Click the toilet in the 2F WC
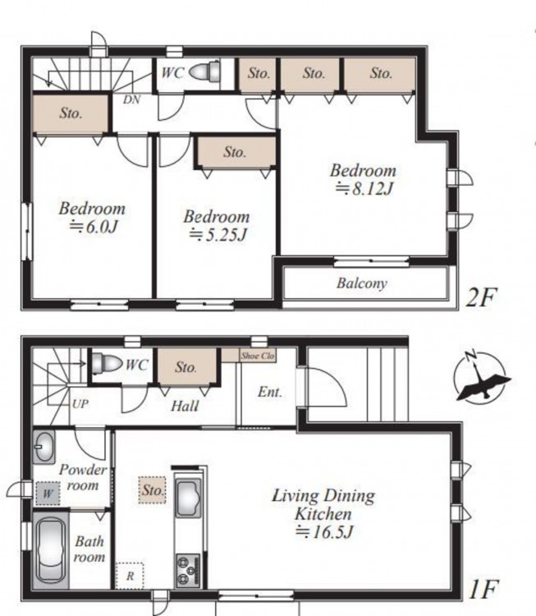[x=204, y=71]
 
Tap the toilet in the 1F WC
[x=107, y=363]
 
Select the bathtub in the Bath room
[x=50, y=549]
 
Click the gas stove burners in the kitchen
[x=188, y=570]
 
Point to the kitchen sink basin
[x=188, y=499]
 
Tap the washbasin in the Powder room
[x=44, y=447]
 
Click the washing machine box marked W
[x=48, y=493]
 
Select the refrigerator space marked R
[x=130, y=576]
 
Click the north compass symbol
[x=482, y=377]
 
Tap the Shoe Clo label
[x=258, y=356]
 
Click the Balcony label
[x=362, y=283]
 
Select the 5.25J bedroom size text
[x=218, y=235]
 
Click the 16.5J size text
[x=324, y=532]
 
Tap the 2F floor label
[x=482, y=297]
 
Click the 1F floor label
[x=483, y=589]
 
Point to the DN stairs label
[x=131, y=99]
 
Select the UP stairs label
[x=80, y=403]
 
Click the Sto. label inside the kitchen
[x=153, y=490]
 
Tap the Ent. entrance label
[x=270, y=392]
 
